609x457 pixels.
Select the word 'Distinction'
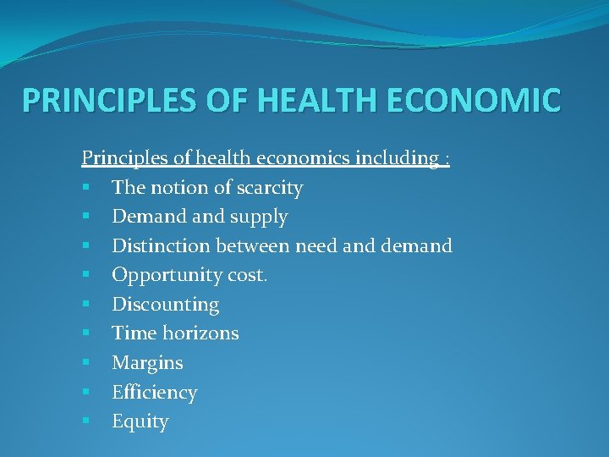click(162, 246)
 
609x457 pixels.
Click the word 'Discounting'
click(166, 305)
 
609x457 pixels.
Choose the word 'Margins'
click(148, 363)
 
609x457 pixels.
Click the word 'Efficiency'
click(155, 393)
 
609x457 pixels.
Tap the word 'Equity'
click(140, 421)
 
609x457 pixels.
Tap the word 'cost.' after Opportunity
click(248, 276)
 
